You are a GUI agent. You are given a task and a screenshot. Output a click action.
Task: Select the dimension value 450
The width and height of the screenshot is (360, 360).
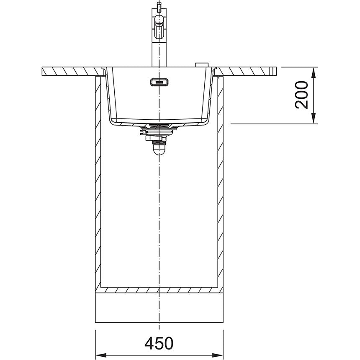coord(159,343)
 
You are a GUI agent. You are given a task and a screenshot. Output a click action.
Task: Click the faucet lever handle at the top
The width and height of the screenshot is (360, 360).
coord(159,20)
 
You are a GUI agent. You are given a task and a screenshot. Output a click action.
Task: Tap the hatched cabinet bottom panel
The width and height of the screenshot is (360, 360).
coord(159,290)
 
